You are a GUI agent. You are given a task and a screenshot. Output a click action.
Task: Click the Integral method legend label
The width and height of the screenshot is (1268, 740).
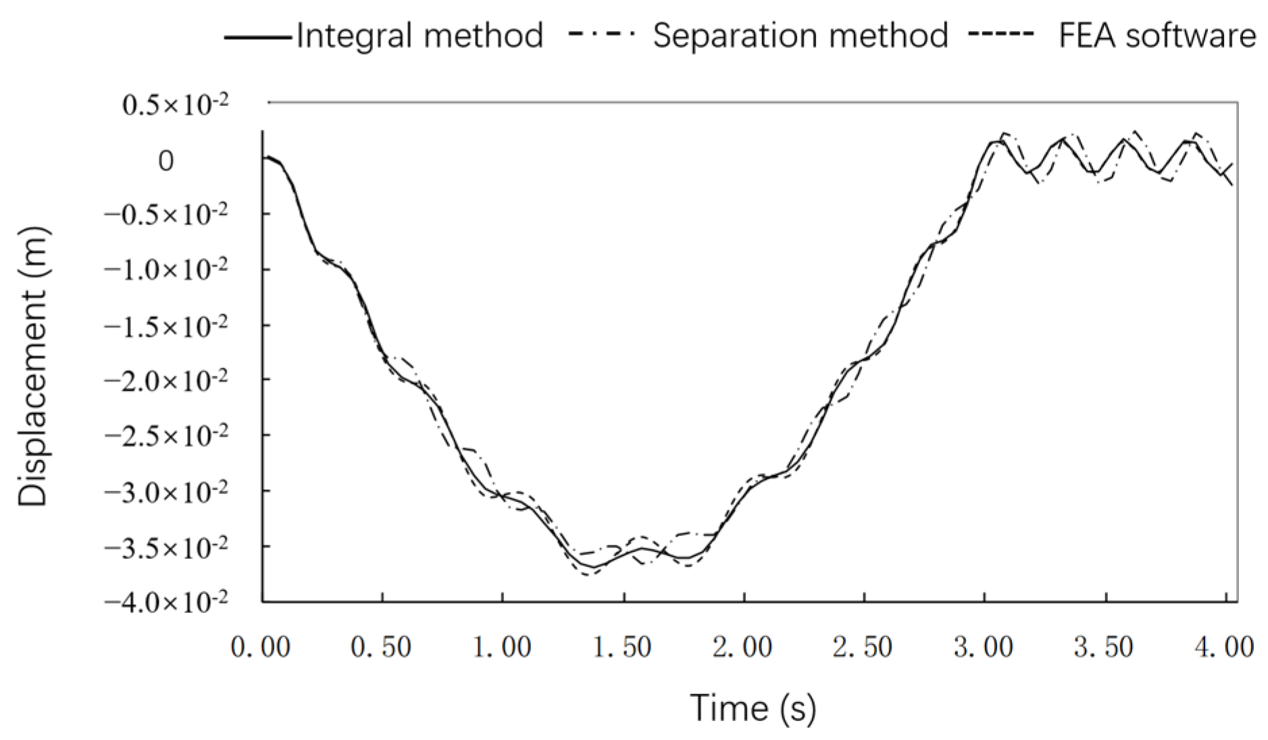coord(420,35)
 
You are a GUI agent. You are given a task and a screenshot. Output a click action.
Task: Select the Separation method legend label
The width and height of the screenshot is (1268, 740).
coord(800,35)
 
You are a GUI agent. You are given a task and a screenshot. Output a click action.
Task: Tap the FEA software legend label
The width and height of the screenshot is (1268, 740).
coord(1157,35)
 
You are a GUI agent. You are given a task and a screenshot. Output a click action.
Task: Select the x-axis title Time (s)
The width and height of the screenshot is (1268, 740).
coord(753,708)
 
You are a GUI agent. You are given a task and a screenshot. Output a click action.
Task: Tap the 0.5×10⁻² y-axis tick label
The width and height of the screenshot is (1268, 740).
coord(175,105)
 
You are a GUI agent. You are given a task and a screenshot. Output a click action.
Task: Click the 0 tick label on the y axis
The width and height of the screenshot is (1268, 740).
coord(166,161)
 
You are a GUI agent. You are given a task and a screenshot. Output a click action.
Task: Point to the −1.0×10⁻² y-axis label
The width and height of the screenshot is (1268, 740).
coord(166,270)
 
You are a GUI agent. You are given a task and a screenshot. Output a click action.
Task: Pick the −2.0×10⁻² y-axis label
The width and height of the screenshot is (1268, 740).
coord(166,380)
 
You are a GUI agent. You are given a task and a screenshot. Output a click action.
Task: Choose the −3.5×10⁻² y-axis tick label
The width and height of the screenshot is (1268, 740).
coord(166,546)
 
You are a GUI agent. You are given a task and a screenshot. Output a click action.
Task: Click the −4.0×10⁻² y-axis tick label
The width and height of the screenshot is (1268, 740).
coord(166,601)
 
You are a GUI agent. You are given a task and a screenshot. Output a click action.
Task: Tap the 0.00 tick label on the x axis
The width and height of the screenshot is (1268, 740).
coord(261,647)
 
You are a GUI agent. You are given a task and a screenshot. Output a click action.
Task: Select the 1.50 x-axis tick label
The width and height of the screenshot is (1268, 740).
coord(622,647)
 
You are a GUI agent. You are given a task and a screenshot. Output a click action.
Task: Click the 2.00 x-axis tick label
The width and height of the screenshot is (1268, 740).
coord(742,647)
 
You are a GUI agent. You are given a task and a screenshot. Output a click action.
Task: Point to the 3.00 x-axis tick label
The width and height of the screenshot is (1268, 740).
coord(984,647)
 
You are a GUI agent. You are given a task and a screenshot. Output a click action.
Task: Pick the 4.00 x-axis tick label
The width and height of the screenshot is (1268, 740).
coord(1224,647)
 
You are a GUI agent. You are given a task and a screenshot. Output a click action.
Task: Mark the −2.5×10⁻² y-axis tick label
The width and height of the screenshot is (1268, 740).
coord(166,435)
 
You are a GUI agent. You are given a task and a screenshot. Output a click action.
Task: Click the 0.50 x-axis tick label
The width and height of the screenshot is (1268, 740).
coord(381,647)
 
